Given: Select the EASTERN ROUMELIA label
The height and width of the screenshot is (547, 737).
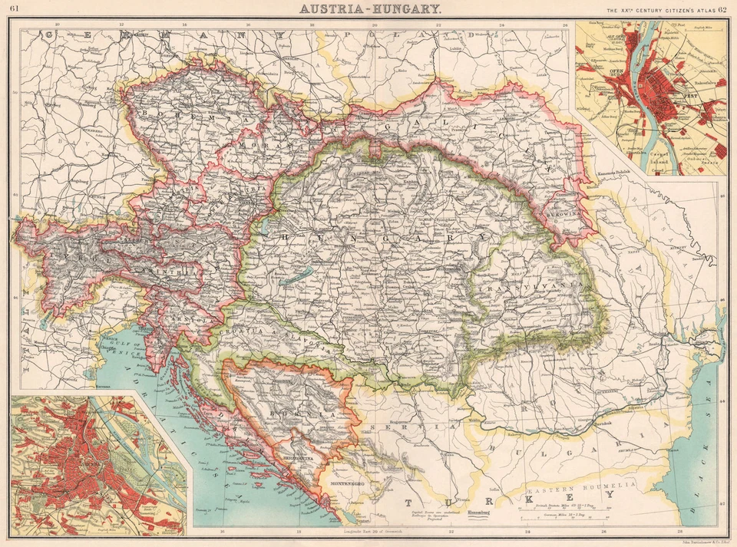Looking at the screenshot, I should point(581,486).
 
